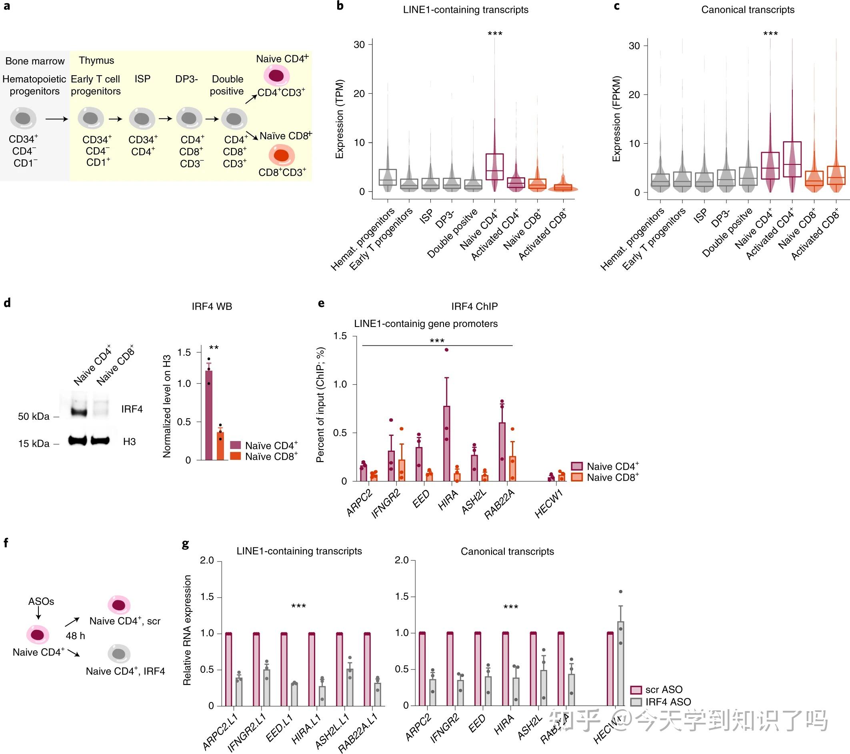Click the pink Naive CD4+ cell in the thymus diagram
(276, 76)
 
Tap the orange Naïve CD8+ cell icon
(282, 156)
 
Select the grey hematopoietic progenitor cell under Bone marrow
(23, 118)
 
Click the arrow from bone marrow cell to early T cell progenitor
(56, 119)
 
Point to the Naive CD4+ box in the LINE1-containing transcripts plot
(494, 166)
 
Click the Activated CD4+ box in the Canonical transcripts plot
(792, 159)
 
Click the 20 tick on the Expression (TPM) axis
(359, 94)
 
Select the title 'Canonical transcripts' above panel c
(748, 10)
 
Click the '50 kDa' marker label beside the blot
(33, 416)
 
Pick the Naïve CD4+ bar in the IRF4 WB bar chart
(209, 416)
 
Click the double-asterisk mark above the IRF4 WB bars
(214, 348)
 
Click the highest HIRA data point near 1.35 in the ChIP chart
(447, 350)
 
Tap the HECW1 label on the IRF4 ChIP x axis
(548, 503)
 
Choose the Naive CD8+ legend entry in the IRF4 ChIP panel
(605, 477)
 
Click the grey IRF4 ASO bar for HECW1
(620, 663)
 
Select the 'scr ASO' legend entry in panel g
(657, 690)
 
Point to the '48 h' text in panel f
(75, 636)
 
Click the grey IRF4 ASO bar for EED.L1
(294, 694)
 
